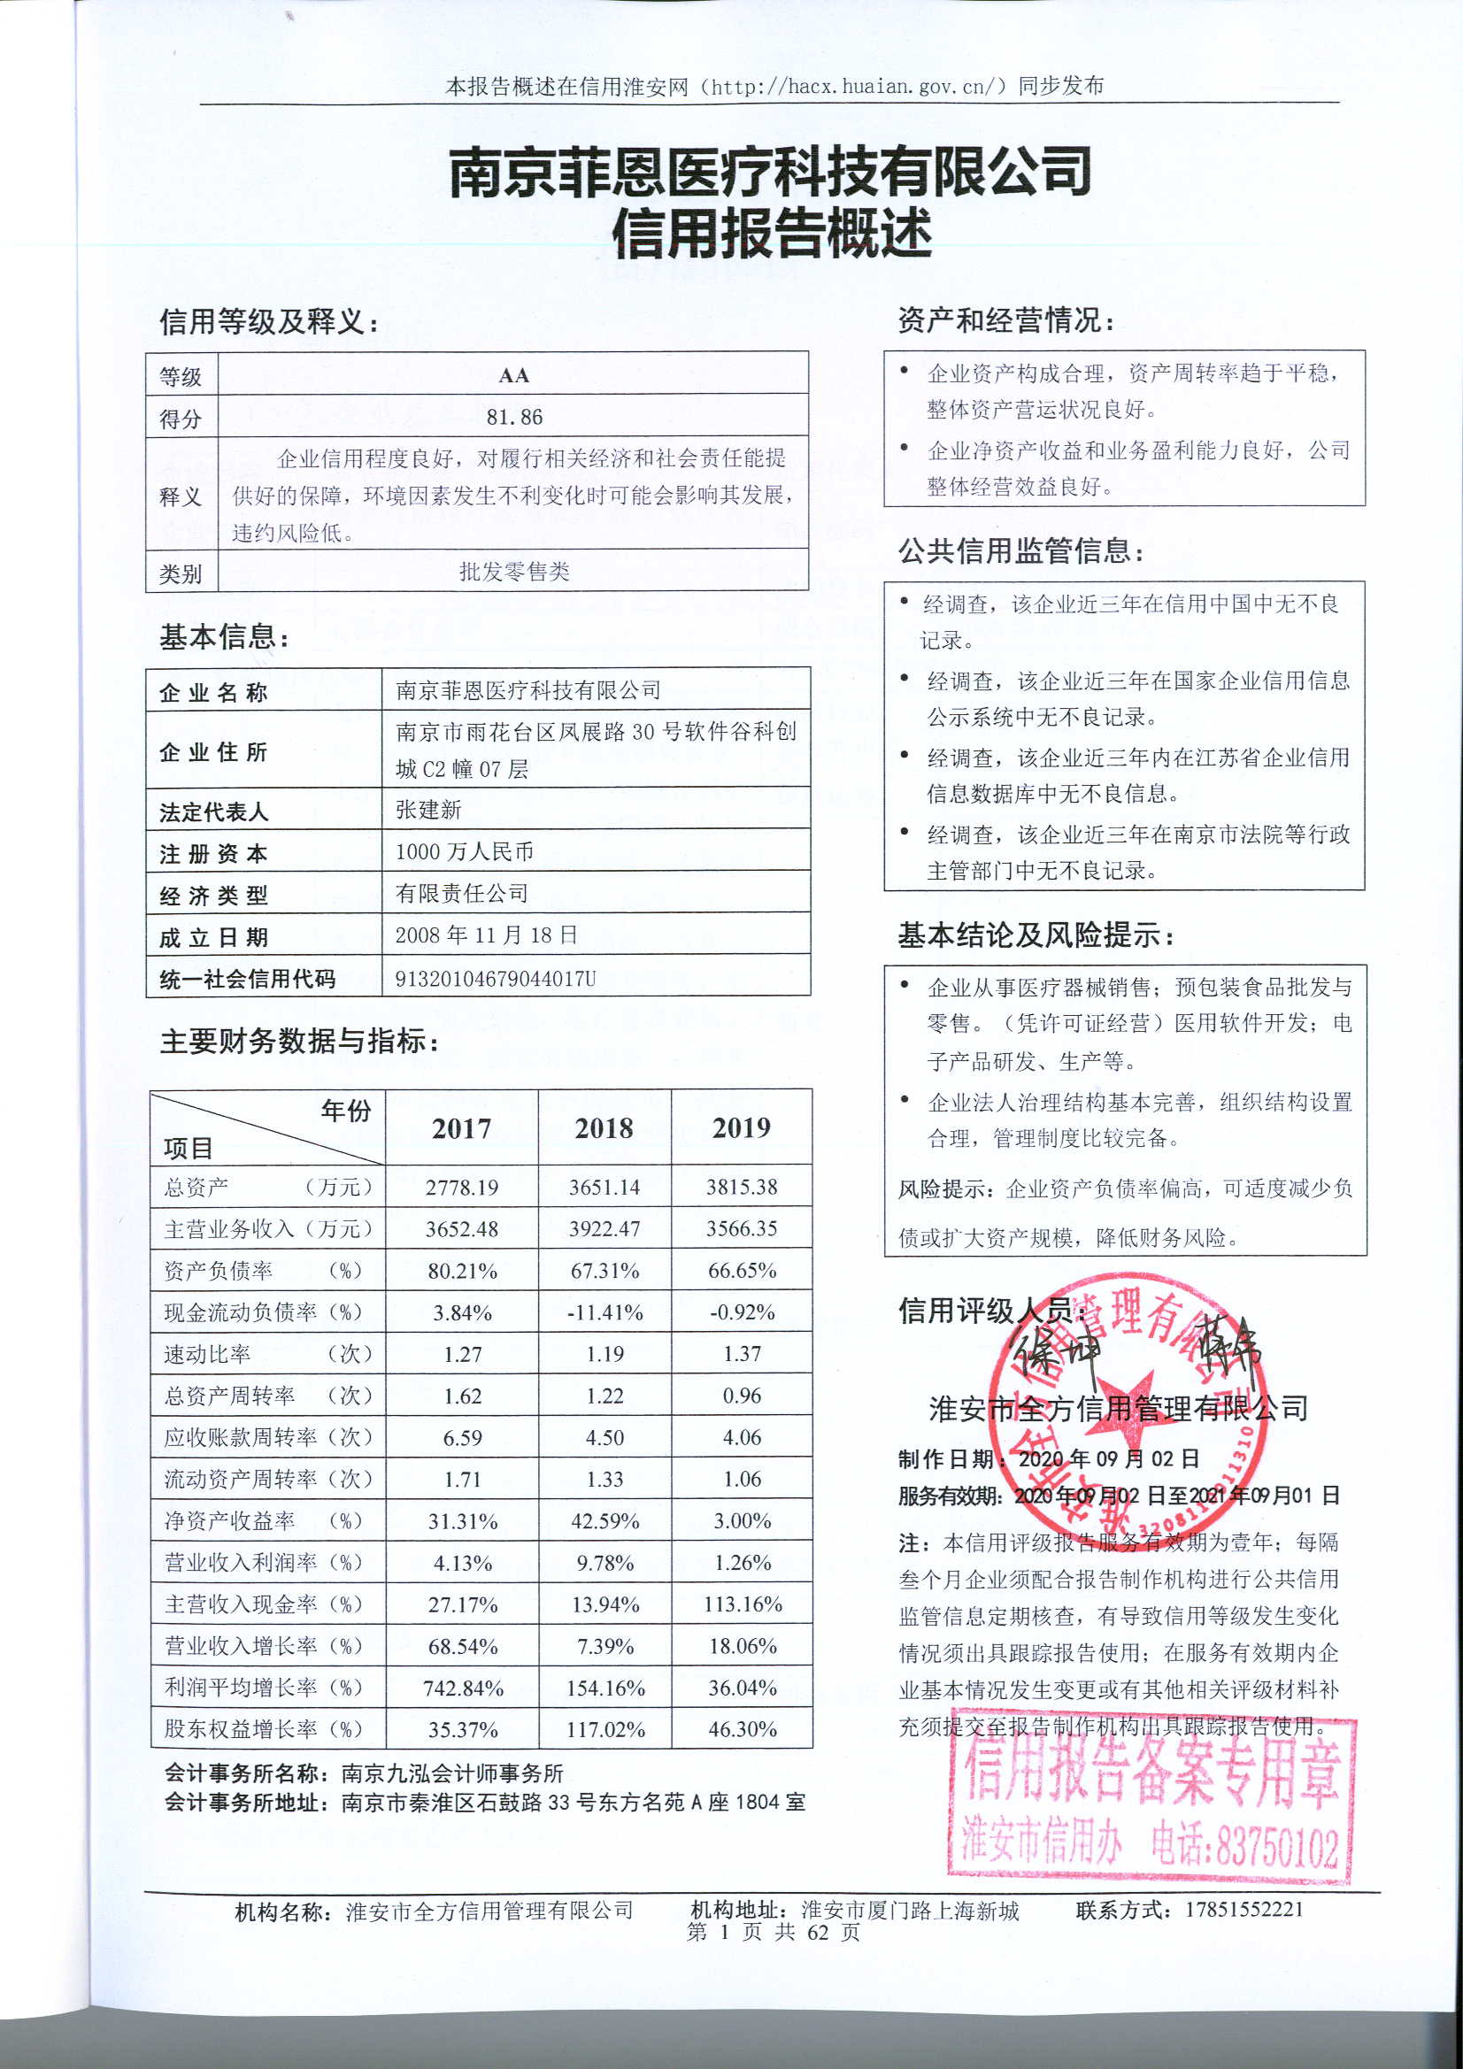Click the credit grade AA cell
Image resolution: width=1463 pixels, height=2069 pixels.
513,375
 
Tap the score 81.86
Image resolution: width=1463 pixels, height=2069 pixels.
514,417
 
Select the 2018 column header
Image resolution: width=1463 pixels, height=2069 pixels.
604,1127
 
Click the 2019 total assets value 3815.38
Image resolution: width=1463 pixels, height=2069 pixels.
741,1187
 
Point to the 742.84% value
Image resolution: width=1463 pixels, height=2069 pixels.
462,1688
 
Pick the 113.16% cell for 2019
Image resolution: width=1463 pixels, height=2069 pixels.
742,1604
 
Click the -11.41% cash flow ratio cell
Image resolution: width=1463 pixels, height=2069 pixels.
604,1312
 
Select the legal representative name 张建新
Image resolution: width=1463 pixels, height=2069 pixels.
428,809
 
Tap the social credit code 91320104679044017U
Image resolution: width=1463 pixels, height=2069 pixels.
495,978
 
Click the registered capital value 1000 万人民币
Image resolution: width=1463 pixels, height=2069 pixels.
465,851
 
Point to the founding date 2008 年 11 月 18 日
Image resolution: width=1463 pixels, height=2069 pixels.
486,935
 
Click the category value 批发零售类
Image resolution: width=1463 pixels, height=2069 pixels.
514,572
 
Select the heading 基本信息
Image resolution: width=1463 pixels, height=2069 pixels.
224,637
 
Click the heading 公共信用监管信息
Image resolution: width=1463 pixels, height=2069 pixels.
1020,550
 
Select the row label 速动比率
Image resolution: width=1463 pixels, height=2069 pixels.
207,1354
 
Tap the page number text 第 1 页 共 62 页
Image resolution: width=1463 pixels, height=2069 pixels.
774,1931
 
